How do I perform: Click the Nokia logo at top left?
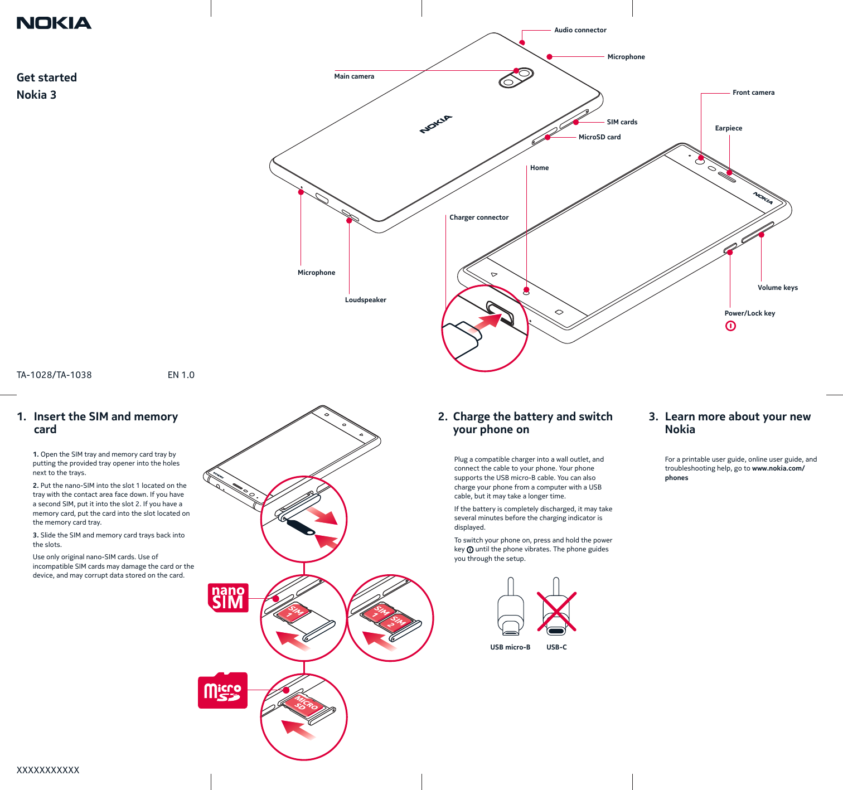(54, 23)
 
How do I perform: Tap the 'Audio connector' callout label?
(580, 30)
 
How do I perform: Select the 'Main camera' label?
(354, 76)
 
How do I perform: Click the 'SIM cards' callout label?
(622, 122)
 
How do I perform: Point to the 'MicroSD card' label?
(599, 137)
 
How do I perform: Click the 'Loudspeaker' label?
(365, 300)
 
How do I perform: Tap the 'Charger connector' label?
(479, 217)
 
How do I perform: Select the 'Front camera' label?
(753, 93)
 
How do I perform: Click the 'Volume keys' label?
(777, 288)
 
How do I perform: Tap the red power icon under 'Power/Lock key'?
(730, 326)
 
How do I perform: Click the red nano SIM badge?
(228, 598)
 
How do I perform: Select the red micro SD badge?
(222, 691)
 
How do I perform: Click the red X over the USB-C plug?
(556, 612)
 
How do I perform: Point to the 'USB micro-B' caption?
(510, 647)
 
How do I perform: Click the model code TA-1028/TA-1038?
(54, 375)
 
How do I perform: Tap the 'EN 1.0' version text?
(181, 375)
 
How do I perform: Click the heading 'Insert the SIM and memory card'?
(105, 423)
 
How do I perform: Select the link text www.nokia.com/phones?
(778, 468)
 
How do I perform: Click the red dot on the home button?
(526, 289)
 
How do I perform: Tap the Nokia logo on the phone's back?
(436, 124)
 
